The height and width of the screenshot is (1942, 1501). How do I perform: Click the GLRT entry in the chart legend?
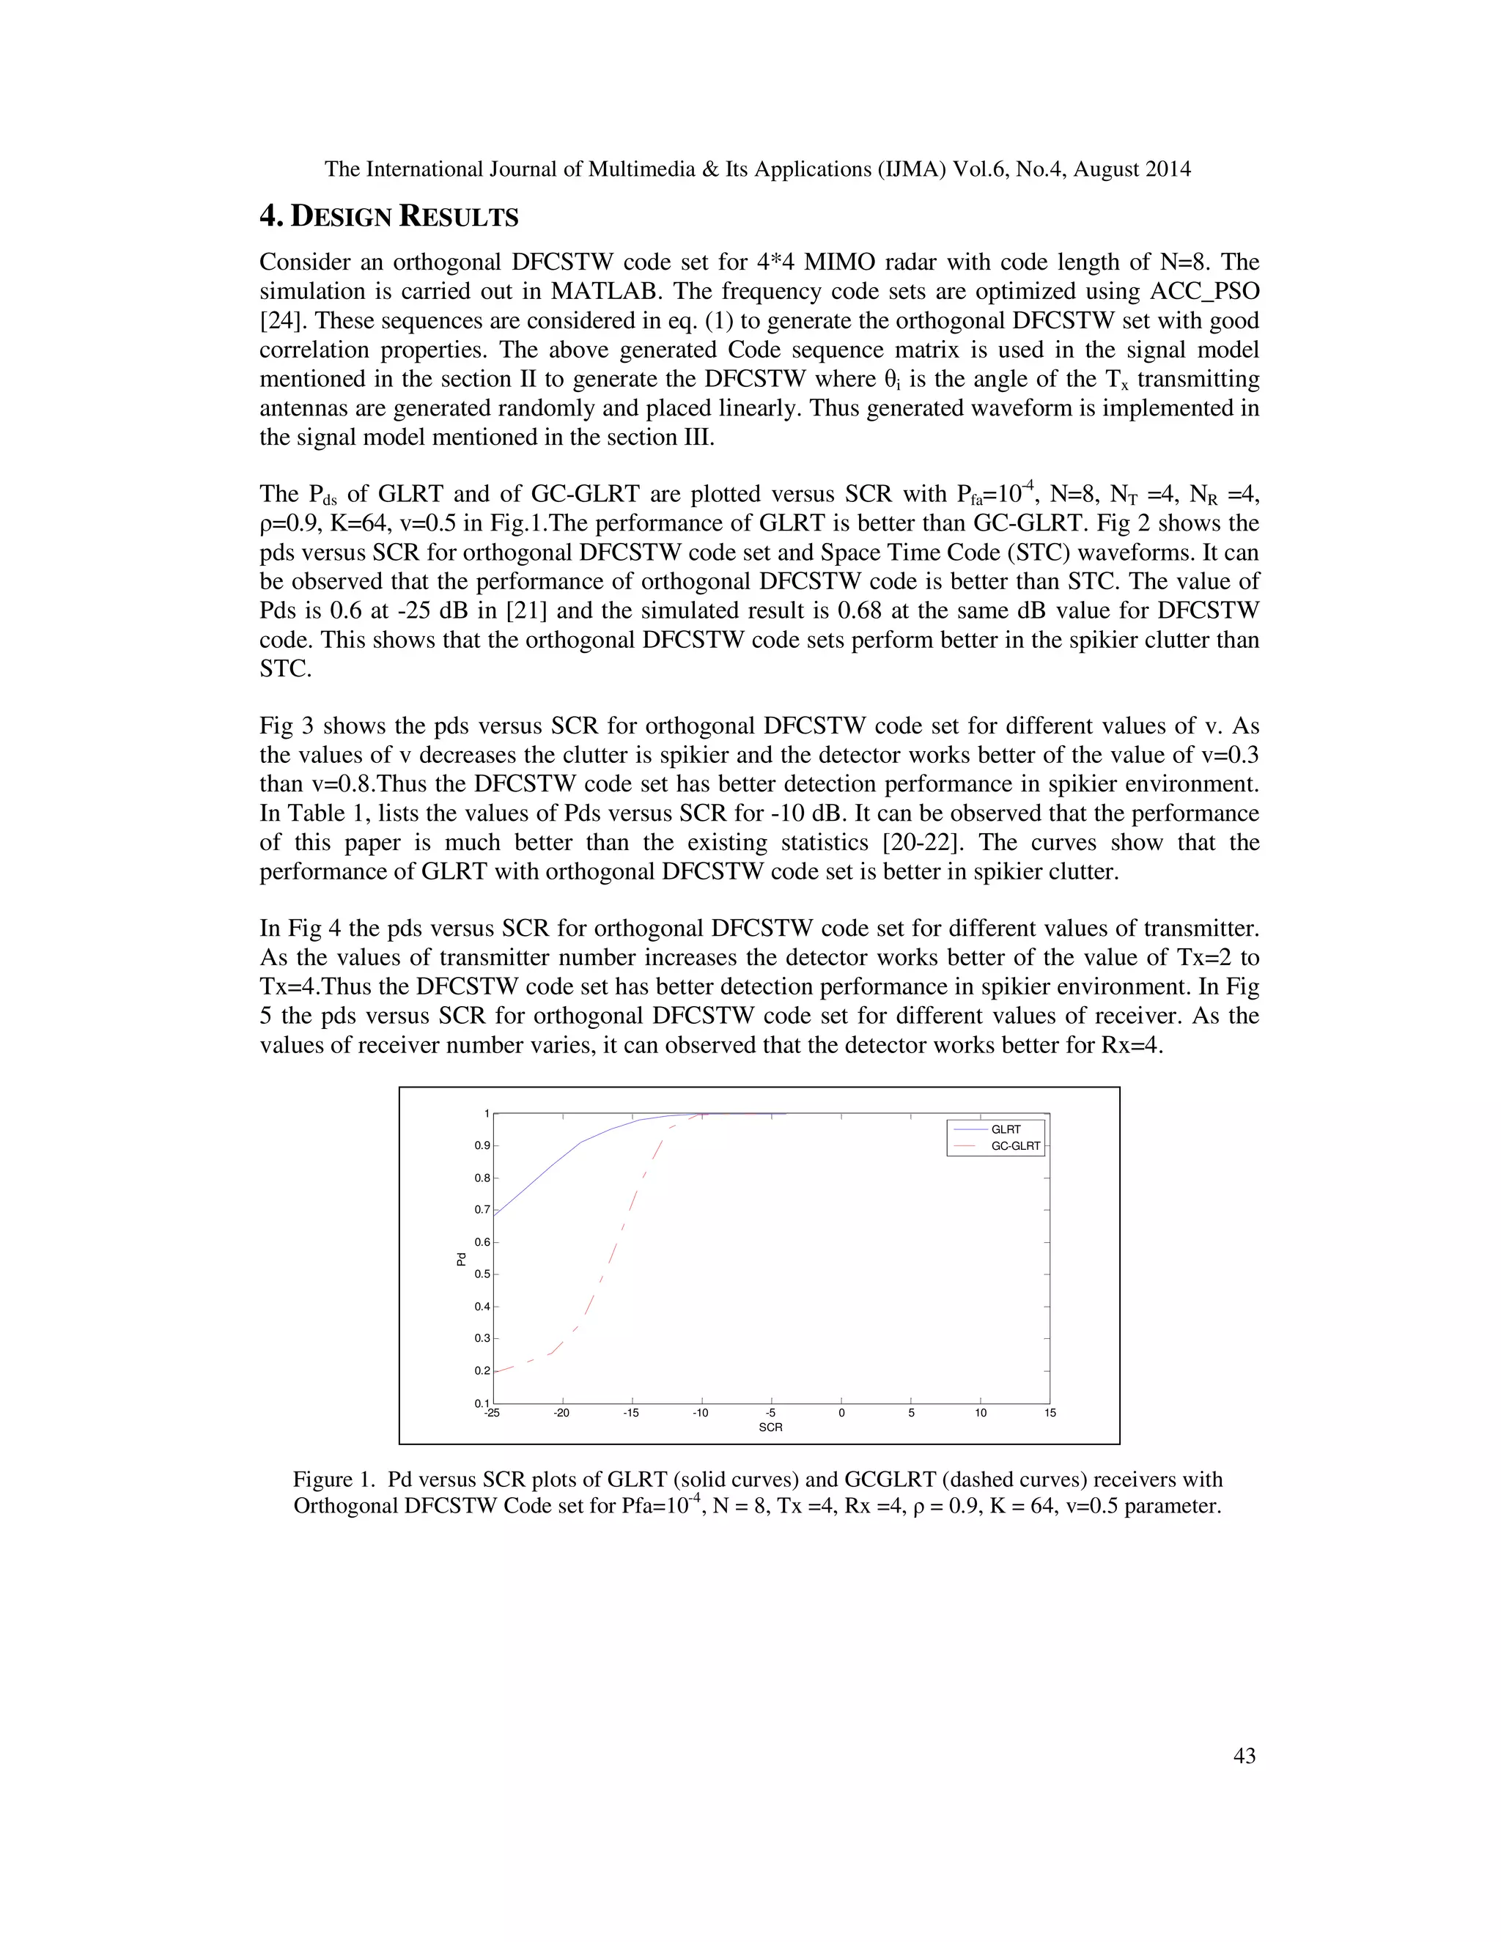coord(1006,1129)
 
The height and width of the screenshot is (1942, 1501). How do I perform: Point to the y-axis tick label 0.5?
coord(482,1274)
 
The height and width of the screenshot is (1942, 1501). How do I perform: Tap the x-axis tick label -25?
coord(492,1413)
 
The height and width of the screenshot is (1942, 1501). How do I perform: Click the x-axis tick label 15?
coord(1050,1413)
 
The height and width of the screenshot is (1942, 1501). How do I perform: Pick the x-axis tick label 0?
coord(841,1413)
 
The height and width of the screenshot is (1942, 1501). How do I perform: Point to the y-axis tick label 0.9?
coord(482,1145)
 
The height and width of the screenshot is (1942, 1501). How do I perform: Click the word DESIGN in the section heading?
coord(342,217)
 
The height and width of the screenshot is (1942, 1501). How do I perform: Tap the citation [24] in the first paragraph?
coord(279,321)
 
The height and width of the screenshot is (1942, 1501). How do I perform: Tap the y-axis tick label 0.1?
coord(482,1403)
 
